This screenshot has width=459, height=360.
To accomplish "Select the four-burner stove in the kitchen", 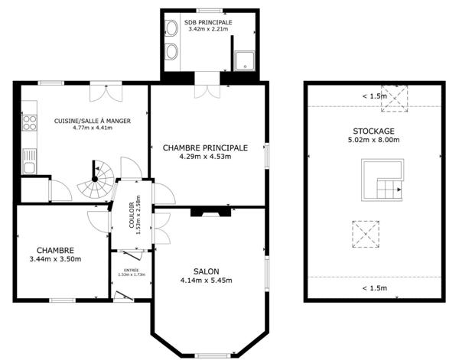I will [29, 123].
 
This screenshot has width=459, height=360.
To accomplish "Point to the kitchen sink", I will [29, 162].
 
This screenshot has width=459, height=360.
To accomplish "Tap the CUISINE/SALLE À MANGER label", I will [92, 121].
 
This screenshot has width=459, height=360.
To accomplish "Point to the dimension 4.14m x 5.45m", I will [207, 281].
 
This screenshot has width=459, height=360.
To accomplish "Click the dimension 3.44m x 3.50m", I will [55, 259].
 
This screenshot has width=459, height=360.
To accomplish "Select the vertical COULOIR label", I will [132, 216].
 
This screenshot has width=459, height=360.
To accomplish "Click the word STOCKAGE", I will [373, 131].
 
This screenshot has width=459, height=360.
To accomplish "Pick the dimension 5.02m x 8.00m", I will [373, 141].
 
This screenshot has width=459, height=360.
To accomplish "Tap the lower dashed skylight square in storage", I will [365, 233].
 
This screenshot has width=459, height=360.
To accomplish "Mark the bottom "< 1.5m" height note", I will [373, 288].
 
